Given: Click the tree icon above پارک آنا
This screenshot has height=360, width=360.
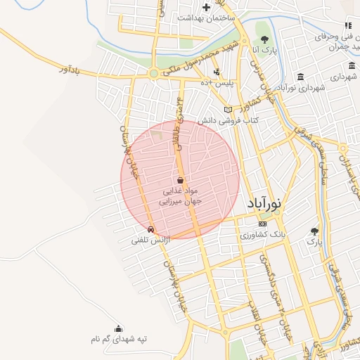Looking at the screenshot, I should [x=264, y=39].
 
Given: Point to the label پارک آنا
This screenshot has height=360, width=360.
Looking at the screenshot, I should [x=266, y=51].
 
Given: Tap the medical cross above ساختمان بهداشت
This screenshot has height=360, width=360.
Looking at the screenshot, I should [x=206, y=6].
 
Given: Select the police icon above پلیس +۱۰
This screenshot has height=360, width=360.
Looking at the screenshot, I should [x=217, y=72].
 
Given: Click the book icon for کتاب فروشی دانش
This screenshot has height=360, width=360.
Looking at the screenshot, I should [x=227, y=109].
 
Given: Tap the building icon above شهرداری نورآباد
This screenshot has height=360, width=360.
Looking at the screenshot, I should [x=300, y=77].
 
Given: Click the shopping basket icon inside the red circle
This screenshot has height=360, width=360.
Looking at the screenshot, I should [x=180, y=180].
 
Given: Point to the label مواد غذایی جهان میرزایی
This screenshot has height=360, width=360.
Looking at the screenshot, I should [x=181, y=195].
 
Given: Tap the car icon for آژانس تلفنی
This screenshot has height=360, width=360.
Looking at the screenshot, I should [x=150, y=229].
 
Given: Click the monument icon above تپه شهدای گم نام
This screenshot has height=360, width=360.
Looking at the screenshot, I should [x=117, y=328].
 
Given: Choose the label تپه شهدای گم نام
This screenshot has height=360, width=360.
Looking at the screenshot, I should [x=118, y=340].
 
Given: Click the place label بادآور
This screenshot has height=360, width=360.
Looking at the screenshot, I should [x=72, y=71].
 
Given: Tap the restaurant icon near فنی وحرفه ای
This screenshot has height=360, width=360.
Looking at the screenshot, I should [x=347, y=25].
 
